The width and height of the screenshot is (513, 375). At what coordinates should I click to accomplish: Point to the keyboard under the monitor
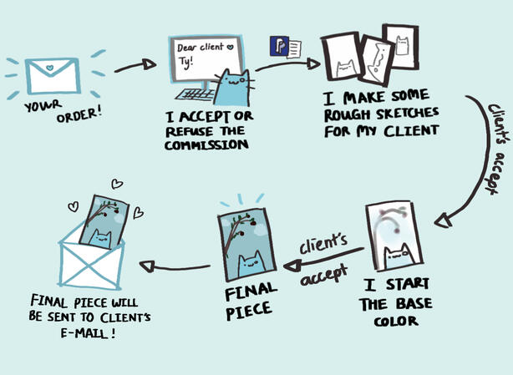196,93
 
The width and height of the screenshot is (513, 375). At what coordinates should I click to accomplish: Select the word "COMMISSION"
208,144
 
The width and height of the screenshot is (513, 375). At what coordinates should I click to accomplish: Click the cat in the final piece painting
248,265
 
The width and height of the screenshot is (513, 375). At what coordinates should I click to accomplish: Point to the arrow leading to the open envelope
171,267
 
